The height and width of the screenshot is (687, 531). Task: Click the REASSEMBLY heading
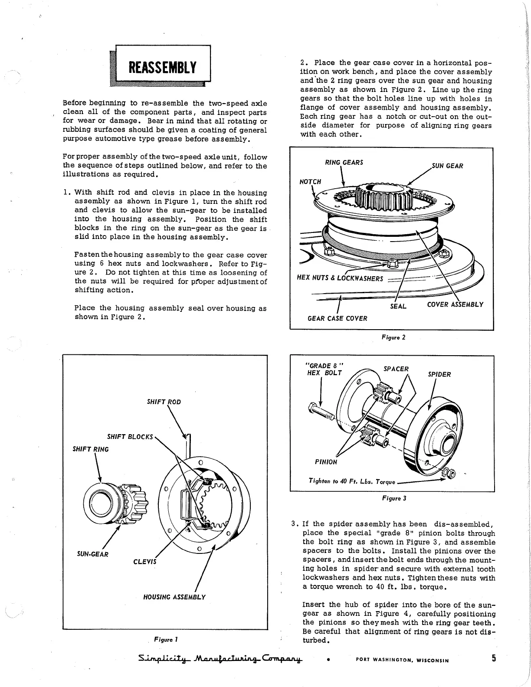[163, 68]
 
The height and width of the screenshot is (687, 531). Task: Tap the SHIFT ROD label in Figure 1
[164, 402]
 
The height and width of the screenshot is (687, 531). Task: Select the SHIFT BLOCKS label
[130, 436]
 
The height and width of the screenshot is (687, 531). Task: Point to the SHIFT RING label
[91, 449]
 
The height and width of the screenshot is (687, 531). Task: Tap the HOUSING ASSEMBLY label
[174, 597]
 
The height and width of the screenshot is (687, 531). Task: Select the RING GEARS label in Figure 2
[344, 163]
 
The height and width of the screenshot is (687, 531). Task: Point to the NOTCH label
[310, 182]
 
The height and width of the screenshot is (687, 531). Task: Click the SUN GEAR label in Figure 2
[448, 166]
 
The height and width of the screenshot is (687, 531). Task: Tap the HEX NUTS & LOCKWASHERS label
[340, 278]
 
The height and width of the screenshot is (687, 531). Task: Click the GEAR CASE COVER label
[337, 318]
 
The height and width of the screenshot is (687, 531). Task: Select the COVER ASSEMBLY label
[455, 304]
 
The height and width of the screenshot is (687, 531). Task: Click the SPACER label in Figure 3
[396, 369]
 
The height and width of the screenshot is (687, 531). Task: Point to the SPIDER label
[439, 374]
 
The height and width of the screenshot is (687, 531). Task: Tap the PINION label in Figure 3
[326, 462]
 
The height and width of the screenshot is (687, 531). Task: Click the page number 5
[494, 658]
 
